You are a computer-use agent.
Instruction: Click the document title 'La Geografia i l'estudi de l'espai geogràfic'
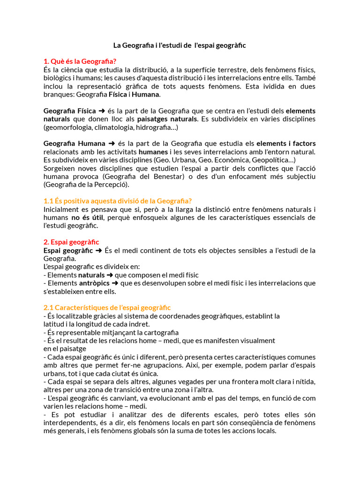coord(180,45)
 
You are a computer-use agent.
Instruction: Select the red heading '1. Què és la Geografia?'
coord(80,61)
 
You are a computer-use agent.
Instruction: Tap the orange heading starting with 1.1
coord(118,201)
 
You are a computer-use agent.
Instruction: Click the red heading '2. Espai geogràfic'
coord(71,242)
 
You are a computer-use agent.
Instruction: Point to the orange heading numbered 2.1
coord(107,307)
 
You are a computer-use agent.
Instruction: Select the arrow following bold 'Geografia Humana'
coord(112,143)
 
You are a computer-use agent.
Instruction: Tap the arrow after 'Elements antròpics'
coord(115,283)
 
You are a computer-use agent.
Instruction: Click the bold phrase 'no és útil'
coord(87,217)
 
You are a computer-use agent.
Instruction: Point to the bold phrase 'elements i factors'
coord(286,143)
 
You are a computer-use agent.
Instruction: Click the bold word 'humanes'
coord(154,152)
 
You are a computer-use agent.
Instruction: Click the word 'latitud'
coord(53,324)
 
